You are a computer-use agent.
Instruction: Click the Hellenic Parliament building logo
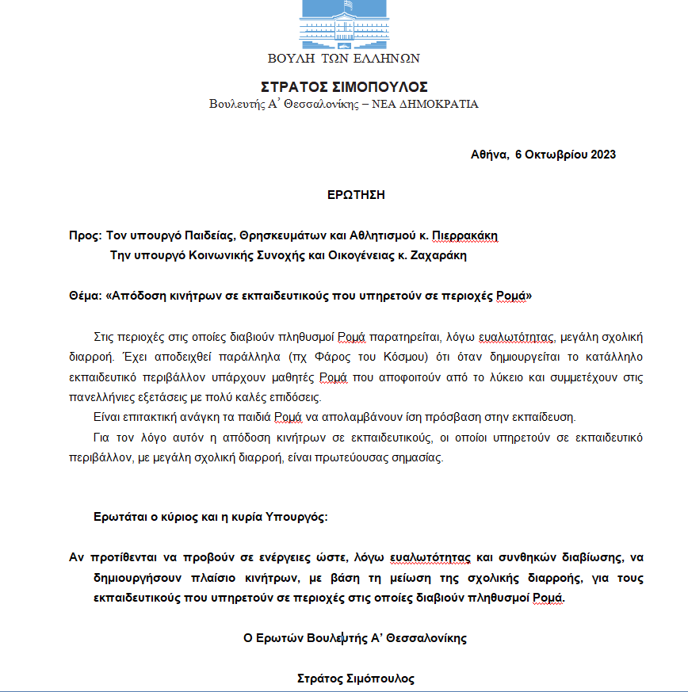(x=344, y=22)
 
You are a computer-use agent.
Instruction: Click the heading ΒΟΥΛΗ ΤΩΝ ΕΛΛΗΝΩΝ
(x=344, y=58)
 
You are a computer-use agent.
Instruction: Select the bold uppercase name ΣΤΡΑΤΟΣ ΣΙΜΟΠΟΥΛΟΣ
(x=344, y=87)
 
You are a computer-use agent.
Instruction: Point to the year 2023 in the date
(x=602, y=154)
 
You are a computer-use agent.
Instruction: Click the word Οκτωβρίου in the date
(x=555, y=154)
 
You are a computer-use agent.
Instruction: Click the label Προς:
(x=85, y=235)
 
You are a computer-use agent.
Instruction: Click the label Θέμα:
(x=86, y=296)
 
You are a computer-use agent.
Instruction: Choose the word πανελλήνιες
(x=103, y=396)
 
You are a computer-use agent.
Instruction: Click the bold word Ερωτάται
(x=118, y=518)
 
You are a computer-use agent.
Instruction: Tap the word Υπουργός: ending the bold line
(x=299, y=518)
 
